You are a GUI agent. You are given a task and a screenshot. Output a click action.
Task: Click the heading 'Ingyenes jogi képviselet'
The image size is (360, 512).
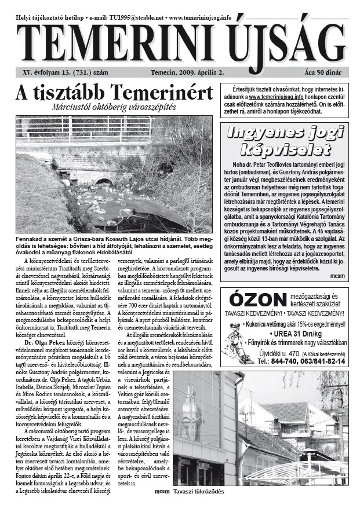(286, 142)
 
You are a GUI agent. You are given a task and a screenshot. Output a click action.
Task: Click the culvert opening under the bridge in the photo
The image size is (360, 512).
(104, 181)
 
